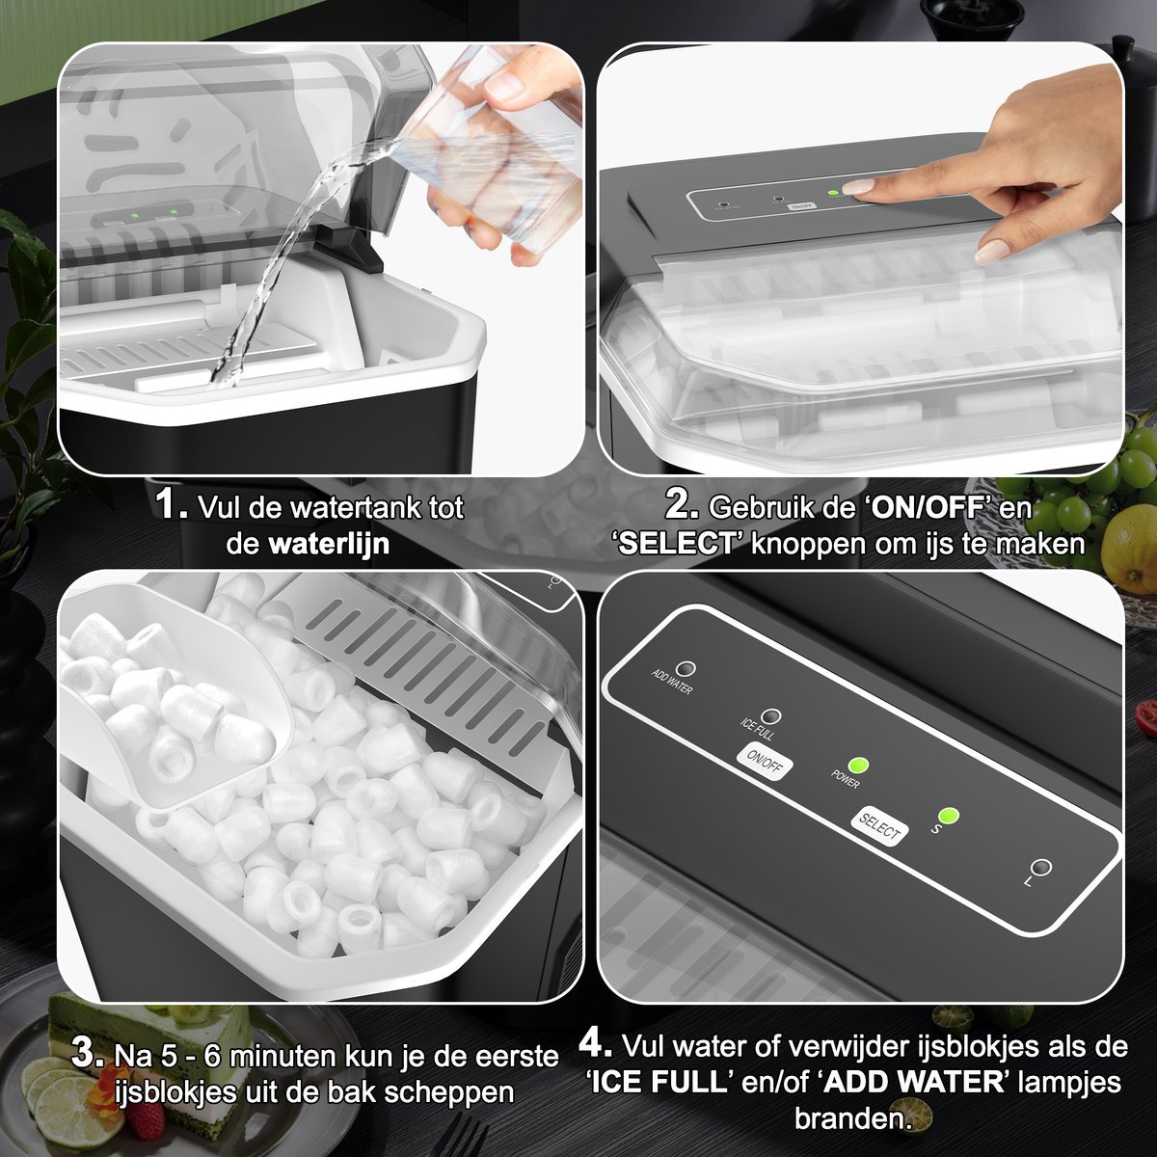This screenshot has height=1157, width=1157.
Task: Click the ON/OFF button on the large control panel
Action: pos(765,762)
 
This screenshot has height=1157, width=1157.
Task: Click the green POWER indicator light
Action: pos(859,766)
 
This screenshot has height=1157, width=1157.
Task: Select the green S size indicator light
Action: pos(948,816)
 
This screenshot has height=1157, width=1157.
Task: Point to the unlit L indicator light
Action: pos(1040,868)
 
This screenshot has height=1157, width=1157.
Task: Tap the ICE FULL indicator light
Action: pos(770,715)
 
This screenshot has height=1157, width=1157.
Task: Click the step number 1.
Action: pos(171,504)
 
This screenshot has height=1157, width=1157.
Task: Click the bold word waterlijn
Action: pos(329,545)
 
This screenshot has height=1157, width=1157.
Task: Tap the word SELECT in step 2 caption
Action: pos(676,545)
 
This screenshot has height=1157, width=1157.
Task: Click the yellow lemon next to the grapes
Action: pos(1129,549)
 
